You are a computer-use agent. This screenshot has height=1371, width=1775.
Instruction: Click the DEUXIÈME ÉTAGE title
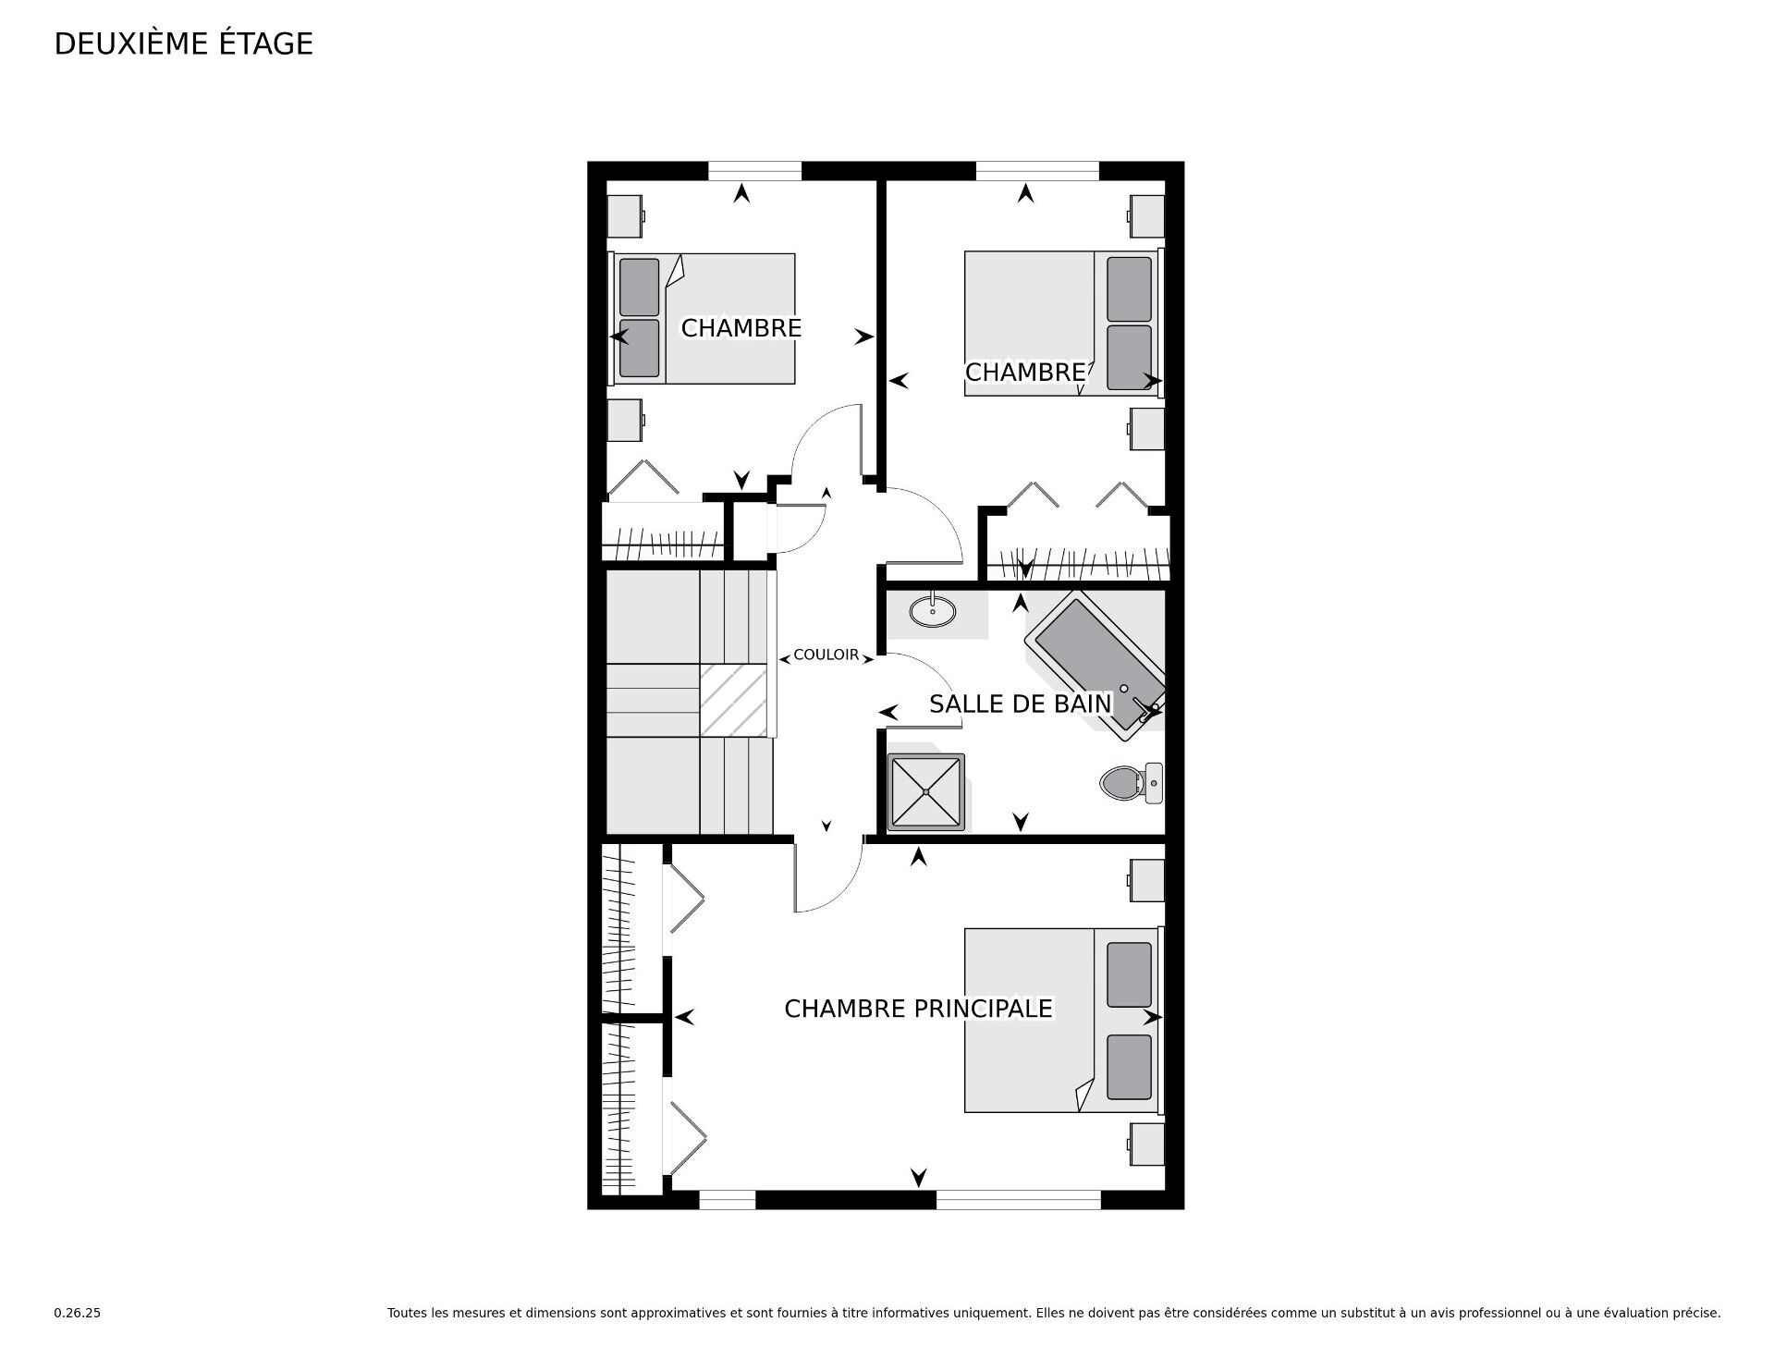coord(183,43)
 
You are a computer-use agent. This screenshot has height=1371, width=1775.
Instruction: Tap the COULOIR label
coord(826,655)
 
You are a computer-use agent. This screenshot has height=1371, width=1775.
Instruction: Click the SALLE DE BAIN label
coord(1020,704)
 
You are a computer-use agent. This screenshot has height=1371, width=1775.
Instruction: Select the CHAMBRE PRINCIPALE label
coord(918,1008)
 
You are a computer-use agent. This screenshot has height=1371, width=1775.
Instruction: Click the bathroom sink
coord(932,610)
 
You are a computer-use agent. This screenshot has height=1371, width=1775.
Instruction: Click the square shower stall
coord(925,791)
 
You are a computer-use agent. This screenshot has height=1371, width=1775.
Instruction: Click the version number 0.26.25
coord(77,1313)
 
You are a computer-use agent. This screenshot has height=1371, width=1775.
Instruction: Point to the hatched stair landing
coord(733,700)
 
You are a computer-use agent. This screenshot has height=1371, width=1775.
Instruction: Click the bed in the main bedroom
coord(1060,1020)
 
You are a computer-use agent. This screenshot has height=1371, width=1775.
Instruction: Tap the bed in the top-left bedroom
coord(703,318)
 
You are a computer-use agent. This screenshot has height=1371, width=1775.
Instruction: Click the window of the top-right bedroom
coord(1037,170)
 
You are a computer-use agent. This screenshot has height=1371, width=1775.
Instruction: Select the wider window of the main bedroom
coord(1019,1200)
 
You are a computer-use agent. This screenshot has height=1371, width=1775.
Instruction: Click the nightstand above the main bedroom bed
coord(1146,880)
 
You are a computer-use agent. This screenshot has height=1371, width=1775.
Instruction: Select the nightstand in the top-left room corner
coord(625,216)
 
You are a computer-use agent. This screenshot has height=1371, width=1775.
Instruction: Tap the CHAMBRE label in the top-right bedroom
coord(1024,372)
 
